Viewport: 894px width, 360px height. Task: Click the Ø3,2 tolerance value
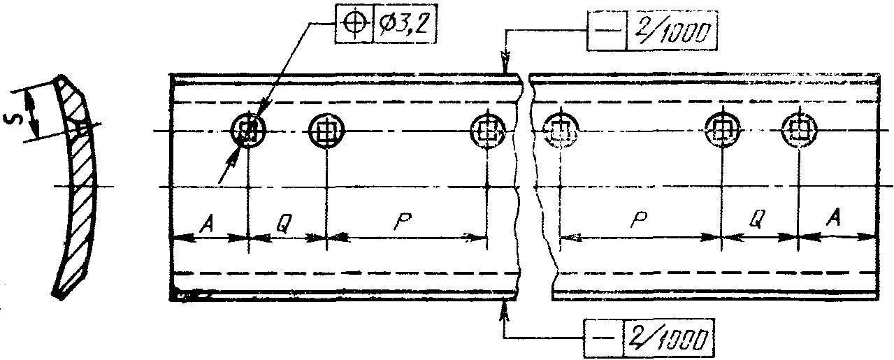coord(404,24)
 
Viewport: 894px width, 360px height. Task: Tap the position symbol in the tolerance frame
coord(354,24)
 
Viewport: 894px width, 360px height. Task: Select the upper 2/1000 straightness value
coord(672,31)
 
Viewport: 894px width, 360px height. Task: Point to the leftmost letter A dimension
coord(207,225)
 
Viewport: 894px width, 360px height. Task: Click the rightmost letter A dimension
coord(833,218)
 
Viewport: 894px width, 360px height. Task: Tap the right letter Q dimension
coord(757,219)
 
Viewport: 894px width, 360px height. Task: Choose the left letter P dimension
coord(403,221)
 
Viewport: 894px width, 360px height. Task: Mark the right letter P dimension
coord(640,219)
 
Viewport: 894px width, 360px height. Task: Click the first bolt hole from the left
coord(248,130)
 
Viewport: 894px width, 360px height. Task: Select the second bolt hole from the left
coord(326,130)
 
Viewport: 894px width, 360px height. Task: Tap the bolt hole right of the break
coord(561,130)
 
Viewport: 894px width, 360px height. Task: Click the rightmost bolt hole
coord(799,130)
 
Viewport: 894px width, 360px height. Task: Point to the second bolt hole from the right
coord(721,130)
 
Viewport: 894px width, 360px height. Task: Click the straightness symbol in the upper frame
coord(607,31)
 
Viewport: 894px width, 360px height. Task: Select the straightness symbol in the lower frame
coord(603,338)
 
